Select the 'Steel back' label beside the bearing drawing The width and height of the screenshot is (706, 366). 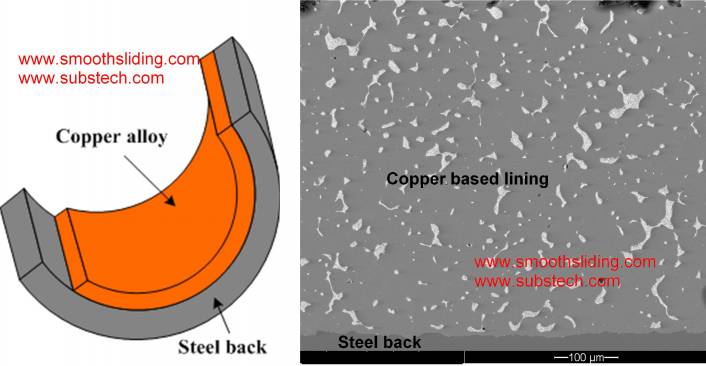click(222, 348)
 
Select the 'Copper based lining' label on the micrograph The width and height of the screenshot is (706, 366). click(468, 179)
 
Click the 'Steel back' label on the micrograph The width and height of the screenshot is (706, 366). click(379, 343)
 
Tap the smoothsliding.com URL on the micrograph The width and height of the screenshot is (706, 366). click(565, 262)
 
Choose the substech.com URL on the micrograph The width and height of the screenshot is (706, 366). click(547, 281)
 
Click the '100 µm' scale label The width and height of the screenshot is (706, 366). click(587, 357)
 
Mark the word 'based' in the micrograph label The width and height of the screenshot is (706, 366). click(471, 179)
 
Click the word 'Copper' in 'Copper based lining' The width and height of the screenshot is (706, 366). click(414, 179)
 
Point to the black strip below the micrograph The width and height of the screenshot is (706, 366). click(420, 358)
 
